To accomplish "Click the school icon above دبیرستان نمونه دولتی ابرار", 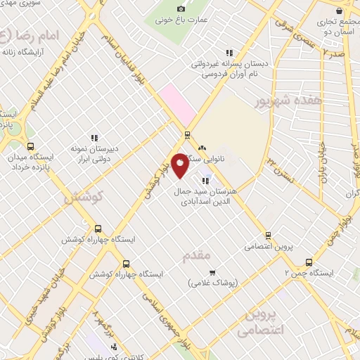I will (x=94, y=137).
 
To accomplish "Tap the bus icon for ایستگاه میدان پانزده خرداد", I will (x=30, y=146).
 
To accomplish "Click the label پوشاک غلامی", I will (x=213, y=283).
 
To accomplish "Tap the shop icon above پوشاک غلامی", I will (x=213, y=271).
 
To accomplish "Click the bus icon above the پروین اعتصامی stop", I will (x=266, y=236).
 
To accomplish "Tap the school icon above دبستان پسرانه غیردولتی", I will (x=229, y=52).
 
